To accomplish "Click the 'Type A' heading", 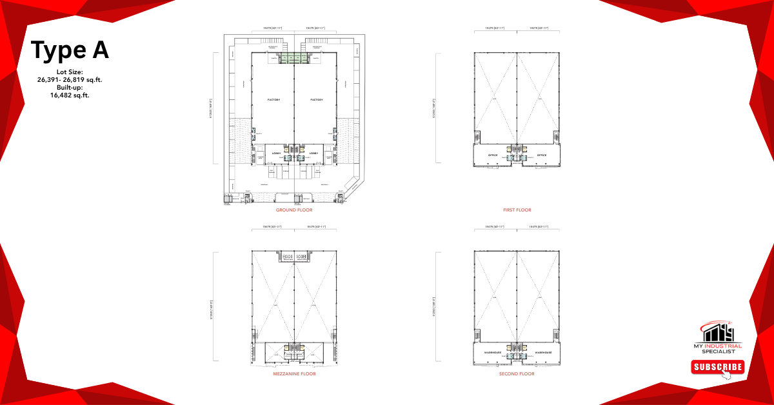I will click(x=70, y=50).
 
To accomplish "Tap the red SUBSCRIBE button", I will click(x=717, y=367).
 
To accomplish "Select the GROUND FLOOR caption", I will click(x=294, y=210).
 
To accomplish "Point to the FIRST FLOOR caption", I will click(x=517, y=210).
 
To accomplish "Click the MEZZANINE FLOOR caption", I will click(x=294, y=373).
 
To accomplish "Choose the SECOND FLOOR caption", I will click(x=517, y=373).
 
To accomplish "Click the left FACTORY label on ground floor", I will click(x=273, y=99).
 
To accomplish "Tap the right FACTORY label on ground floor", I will click(x=316, y=99).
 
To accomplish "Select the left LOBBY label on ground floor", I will click(x=276, y=153).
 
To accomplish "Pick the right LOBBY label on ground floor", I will click(x=313, y=153).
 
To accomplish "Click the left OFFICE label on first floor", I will click(x=493, y=155).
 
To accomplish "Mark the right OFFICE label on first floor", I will click(x=542, y=155).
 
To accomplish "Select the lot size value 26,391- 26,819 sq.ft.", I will click(x=70, y=80).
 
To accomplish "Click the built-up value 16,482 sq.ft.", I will click(x=70, y=95).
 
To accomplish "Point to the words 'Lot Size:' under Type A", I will click(x=70, y=72).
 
